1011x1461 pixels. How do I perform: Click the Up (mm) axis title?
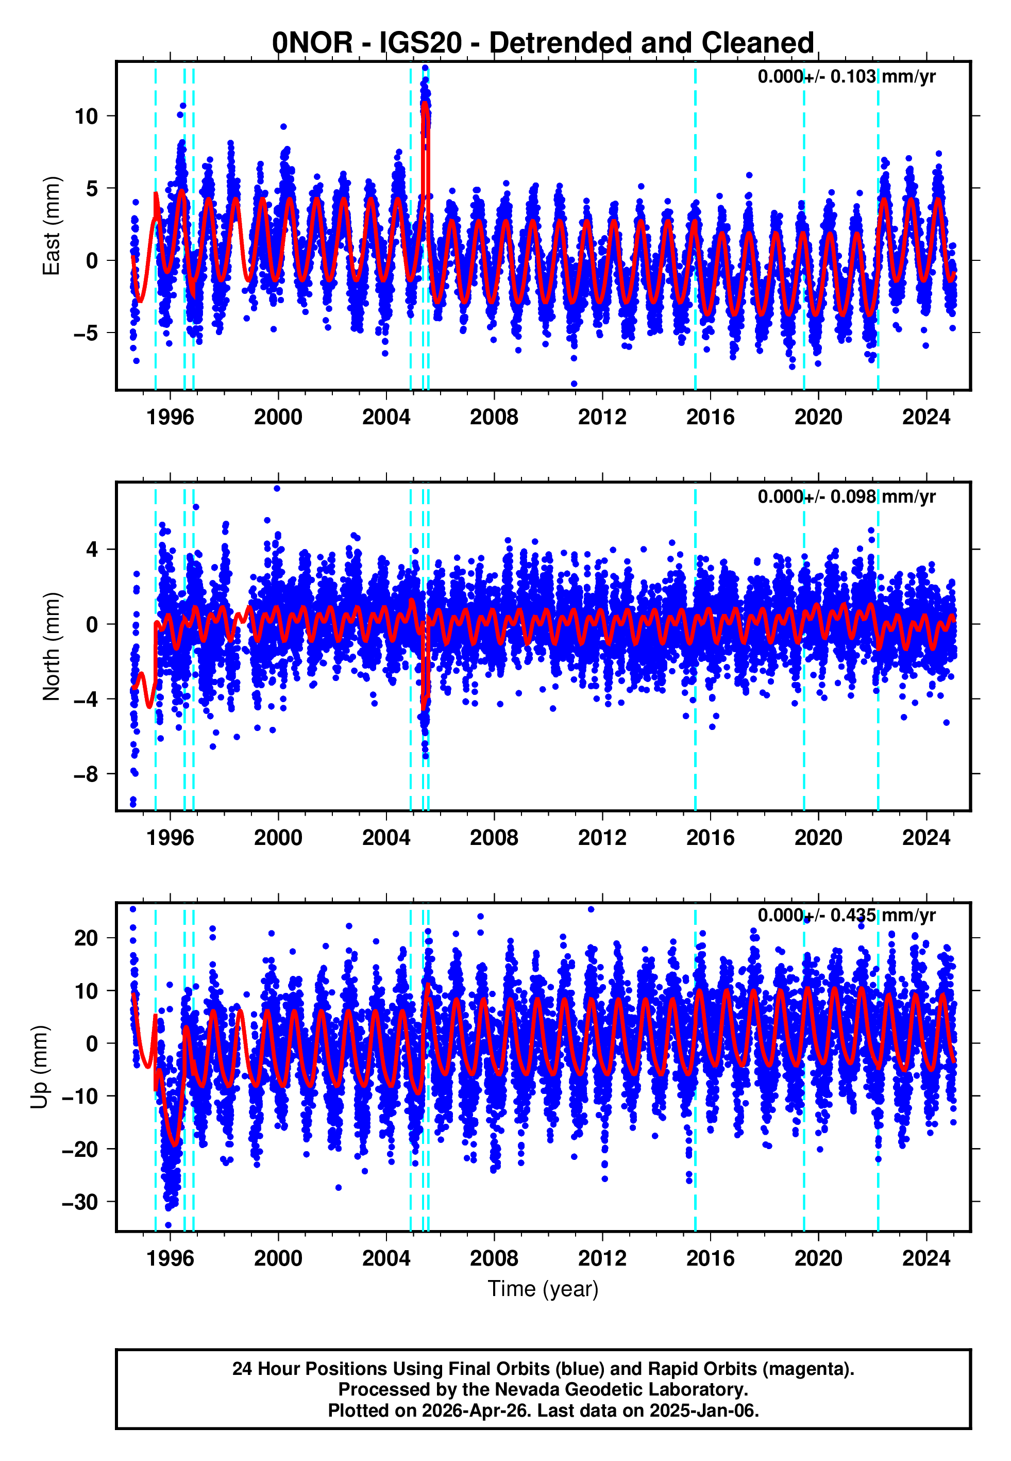[x=39, y=1067]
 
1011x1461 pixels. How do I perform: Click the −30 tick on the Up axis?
[x=79, y=1202]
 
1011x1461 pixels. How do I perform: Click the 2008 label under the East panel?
[x=494, y=418]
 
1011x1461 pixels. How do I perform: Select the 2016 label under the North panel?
[x=710, y=838]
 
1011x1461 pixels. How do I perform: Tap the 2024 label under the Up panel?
[x=925, y=1258]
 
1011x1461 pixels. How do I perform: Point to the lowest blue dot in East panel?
[x=574, y=384]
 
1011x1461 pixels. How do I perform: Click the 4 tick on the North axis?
[x=92, y=550]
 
